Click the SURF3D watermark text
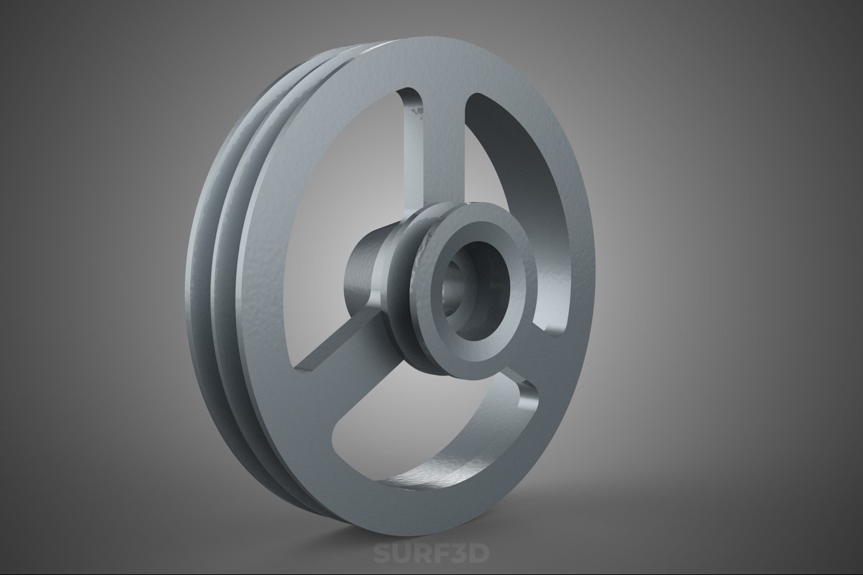[x=430, y=554]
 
